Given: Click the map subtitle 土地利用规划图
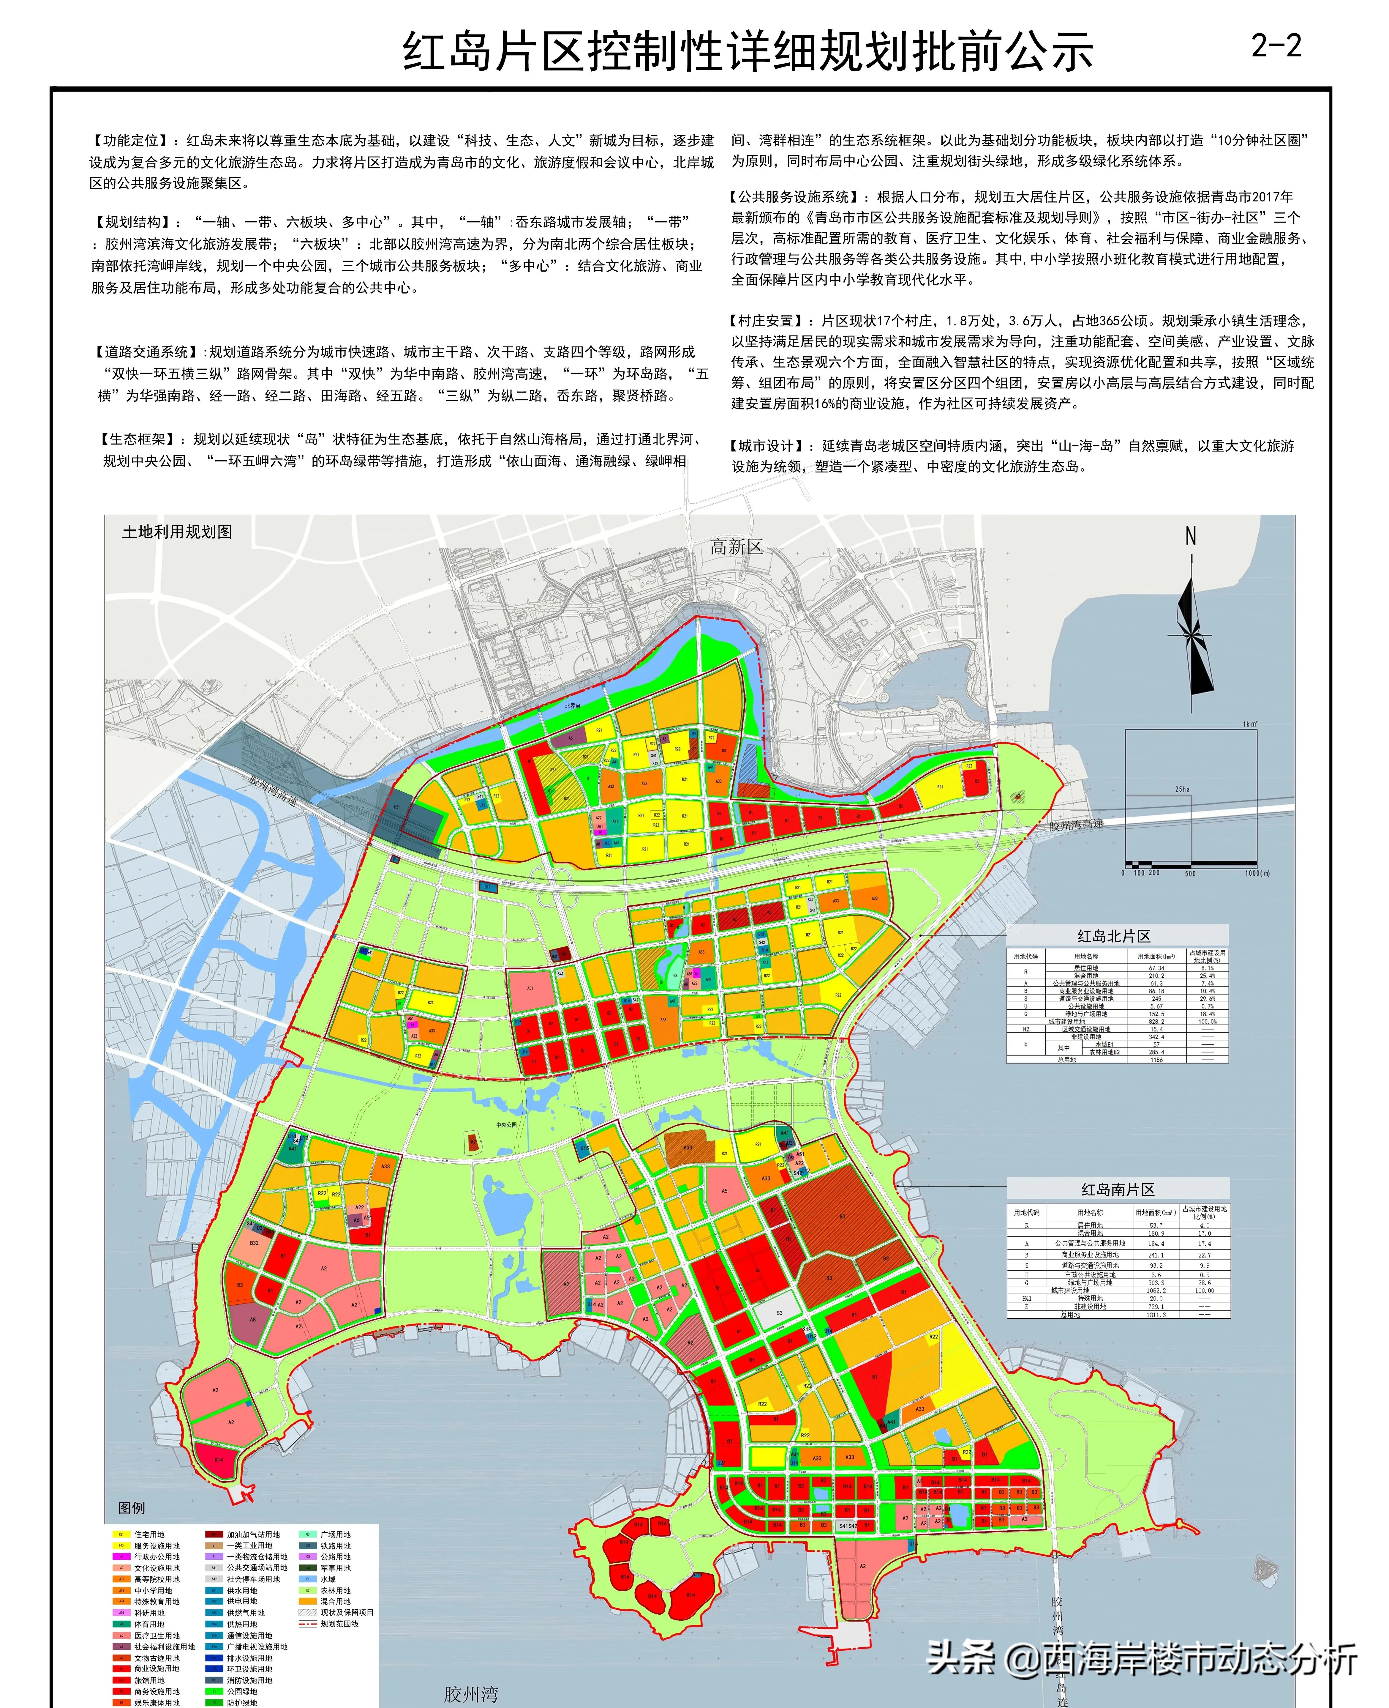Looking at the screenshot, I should (177, 532).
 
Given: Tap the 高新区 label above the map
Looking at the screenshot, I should (736, 547).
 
